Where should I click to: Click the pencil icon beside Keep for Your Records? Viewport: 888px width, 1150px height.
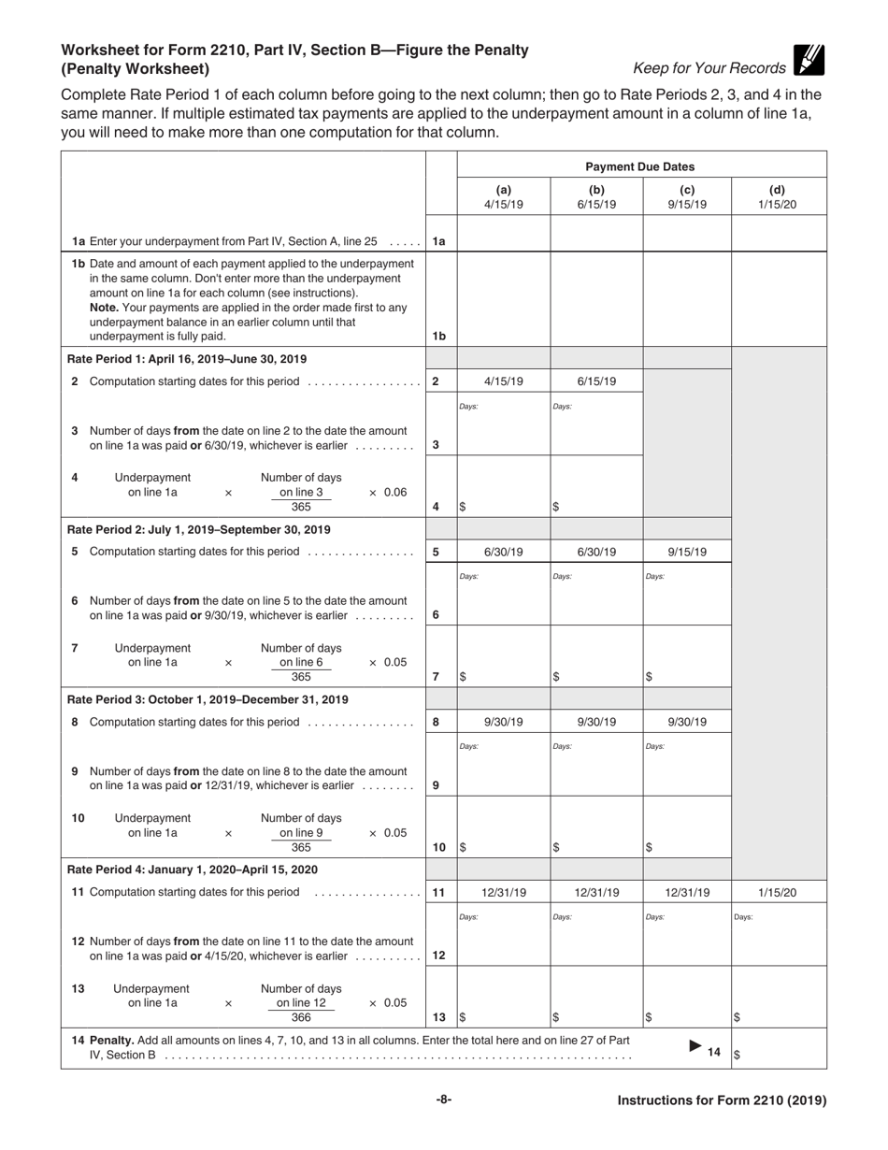coord(809,60)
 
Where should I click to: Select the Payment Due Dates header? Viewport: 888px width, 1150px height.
coord(640,166)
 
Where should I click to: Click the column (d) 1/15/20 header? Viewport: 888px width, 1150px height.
coord(777,196)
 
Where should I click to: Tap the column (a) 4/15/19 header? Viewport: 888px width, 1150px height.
coord(503,196)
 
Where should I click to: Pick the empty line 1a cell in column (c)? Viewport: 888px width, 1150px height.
coord(686,235)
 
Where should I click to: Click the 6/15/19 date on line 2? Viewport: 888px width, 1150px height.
coord(596,381)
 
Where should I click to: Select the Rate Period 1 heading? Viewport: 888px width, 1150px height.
coord(187,359)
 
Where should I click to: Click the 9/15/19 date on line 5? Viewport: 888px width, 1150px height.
coord(686,552)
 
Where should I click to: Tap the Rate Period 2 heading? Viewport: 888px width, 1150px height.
coord(199,529)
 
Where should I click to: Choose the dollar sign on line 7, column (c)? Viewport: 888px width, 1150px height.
coord(650,677)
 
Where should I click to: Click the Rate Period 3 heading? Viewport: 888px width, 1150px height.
coord(208,699)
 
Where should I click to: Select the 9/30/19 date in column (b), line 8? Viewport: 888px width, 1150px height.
coord(596,722)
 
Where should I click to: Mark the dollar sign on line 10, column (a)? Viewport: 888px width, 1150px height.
coord(463,847)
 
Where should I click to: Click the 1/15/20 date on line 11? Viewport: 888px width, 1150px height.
coord(777,893)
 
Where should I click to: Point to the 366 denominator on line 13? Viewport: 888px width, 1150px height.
coord(301,1017)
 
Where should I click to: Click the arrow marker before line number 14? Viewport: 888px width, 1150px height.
coord(695,1046)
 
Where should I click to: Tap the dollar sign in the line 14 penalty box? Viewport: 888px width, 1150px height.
coord(738,1055)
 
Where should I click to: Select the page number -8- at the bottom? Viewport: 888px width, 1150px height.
coord(444,1100)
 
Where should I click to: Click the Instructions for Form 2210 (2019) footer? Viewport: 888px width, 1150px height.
coord(722,1100)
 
